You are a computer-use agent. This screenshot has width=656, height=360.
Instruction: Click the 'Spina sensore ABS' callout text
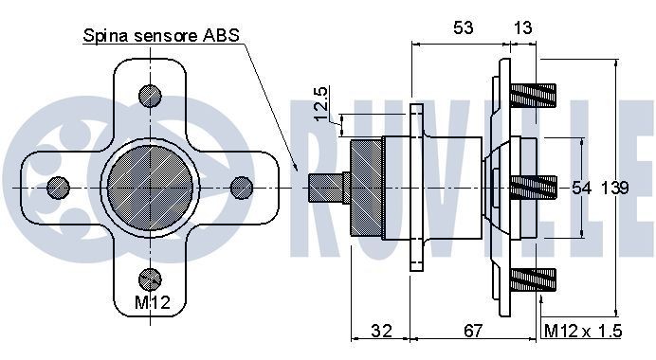(161, 38)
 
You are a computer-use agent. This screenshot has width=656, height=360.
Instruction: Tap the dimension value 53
(462, 28)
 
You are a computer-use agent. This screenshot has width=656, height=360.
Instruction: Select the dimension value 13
(523, 28)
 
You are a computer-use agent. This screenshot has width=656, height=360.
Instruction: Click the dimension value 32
(381, 331)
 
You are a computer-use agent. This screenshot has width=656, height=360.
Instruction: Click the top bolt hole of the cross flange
(151, 96)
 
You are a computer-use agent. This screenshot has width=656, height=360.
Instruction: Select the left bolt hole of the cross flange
(59, 186)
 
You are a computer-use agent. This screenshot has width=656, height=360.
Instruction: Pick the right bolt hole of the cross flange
(242, 186)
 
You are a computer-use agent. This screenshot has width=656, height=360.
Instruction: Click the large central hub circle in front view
(151, 186)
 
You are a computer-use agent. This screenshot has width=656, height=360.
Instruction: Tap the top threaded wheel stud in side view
(536, 96)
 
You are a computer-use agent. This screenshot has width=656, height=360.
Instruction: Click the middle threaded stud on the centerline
(536, 187)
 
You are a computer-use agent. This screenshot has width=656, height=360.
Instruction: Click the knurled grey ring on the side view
(365, 187)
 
